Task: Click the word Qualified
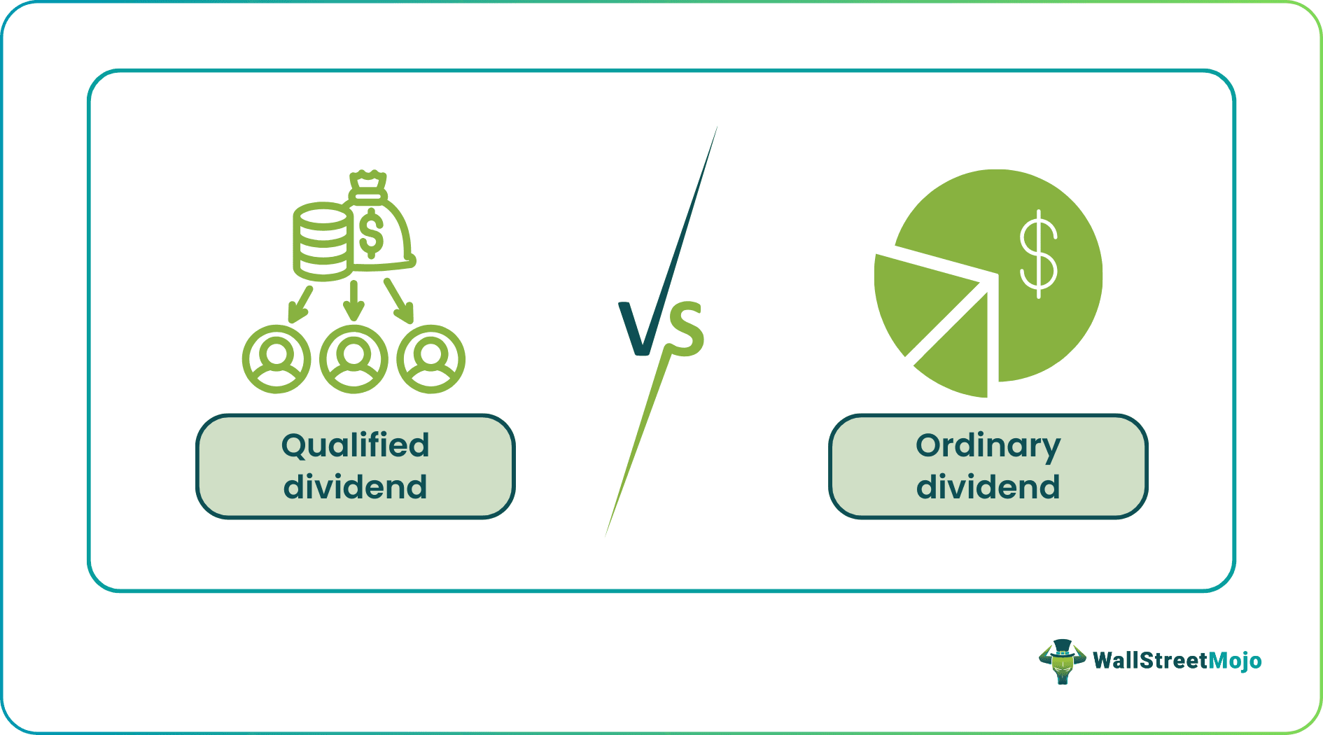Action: point(355,447)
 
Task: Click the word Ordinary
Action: point(988,447)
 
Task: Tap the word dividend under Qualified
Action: point(355,487)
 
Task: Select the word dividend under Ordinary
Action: point(988,487)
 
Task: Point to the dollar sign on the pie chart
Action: point(1038,253)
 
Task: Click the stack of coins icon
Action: point(322,241)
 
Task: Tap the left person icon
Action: point(276,359)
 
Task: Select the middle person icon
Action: point(353,359)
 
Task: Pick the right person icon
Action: point(430,359)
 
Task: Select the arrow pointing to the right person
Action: point(400,302)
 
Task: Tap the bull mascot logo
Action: point(1062,661)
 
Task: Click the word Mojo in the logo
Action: point(1235,661)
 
